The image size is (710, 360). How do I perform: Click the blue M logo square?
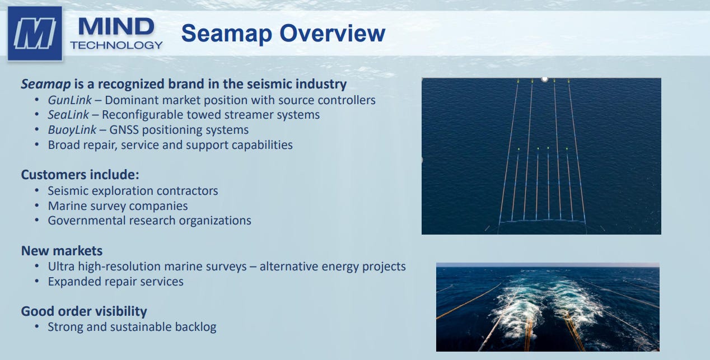35,33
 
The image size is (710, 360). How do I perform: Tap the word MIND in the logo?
116,27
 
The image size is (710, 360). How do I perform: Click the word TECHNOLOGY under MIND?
116,45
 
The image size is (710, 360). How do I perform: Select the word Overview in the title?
333,33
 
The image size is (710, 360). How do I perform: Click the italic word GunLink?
70,100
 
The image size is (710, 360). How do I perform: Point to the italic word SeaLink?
68,115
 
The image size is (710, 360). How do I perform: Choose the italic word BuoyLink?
72,130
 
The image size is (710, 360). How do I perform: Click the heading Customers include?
80,175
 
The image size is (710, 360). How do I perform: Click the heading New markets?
62,251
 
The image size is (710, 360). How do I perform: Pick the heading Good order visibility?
84,311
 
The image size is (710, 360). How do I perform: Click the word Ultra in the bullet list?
62,267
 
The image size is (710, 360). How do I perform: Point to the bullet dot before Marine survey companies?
37,206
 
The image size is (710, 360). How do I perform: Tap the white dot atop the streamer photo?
545,79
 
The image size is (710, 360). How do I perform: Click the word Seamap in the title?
227,33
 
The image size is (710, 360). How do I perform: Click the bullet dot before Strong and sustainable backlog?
37,327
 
